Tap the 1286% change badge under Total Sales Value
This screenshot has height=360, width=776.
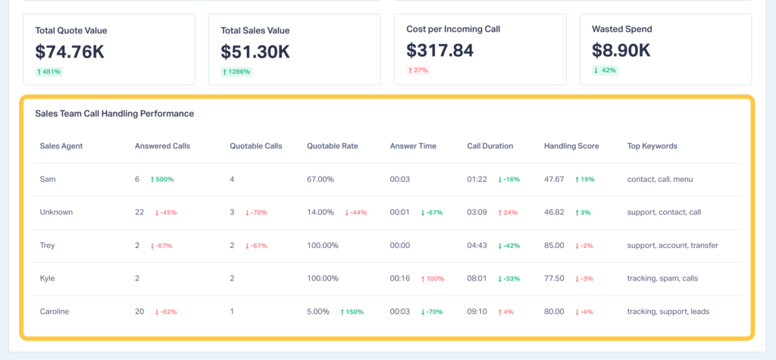coord(236,72)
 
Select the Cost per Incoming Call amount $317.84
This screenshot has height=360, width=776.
coord(440,50)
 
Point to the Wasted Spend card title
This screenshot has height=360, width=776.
coord(621,30)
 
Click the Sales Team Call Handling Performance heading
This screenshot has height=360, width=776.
coord(114,114)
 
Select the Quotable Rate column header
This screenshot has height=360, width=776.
coord(332,146)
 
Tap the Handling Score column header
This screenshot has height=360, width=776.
coord(571,146)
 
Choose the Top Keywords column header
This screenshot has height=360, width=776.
coord(652,146)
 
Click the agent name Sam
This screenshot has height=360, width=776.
coord(48,180)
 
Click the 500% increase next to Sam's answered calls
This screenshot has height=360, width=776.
coord(162,180)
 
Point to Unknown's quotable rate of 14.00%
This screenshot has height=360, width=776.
coord(320,212)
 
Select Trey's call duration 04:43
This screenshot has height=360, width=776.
coord(477,246)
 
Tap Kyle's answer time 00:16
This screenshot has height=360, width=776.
coord(399,278)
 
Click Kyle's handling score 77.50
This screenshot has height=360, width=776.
coord(554,278)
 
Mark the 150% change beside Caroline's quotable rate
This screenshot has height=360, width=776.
coord(353,311)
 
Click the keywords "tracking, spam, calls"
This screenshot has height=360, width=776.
coord(662,278)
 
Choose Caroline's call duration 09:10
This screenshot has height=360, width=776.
coord(477,311)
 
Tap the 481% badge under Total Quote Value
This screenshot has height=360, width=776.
coord(49,72)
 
